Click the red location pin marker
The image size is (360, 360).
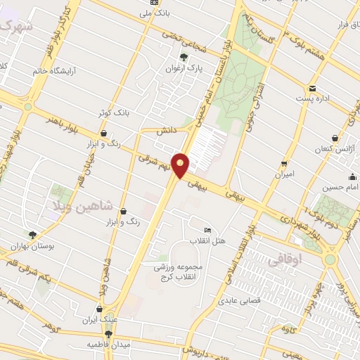[x=181, y=165]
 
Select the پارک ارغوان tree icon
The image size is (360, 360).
[x=184, y=58]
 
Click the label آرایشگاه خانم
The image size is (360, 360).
[x=56, y=71]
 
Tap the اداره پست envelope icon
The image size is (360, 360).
[x=311, y=89]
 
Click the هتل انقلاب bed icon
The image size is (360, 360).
[x=207, y=231]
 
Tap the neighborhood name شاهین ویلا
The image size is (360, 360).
[x=75, y=205]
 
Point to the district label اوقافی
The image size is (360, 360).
[x=283, y=259]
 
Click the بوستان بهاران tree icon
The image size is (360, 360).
[x=32, y=235]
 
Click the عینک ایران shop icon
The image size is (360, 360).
[x=99, y=309]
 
